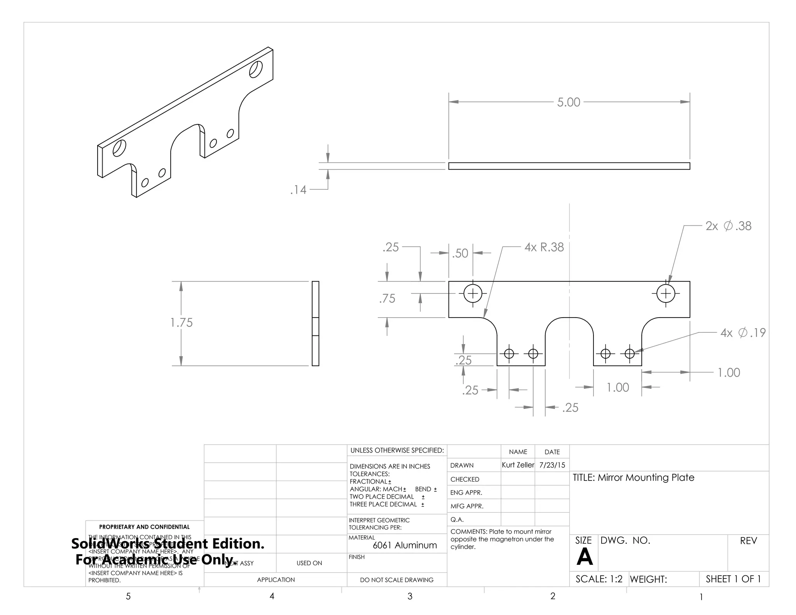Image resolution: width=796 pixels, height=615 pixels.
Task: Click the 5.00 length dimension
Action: pyautogui.click(x=568, y=102)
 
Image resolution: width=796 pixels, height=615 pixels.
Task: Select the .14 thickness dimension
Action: pyautogui.click(x=298, y=190)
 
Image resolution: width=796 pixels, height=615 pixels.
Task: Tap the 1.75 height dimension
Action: pyautogui.click(x=182, y=323)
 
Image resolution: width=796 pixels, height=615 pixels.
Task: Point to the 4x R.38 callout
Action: pyautogui.click(x=544, y=247)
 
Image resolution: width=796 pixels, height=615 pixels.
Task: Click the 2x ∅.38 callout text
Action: pyautogui.click(x=728, y=226)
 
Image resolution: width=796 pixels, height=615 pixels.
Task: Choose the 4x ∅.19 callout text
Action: pyautogui.click(x=743, y=333)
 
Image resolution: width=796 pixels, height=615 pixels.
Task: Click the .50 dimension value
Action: pyautogui.click(x=460, y=253)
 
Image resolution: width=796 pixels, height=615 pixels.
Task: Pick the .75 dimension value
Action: pyautogui.click(x=387, y=299)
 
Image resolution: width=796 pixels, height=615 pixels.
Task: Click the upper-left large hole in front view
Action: pyautogui.click(x=473, y=293)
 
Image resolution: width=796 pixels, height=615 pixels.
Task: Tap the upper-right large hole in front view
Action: pyautogui.click(x=666, y=293)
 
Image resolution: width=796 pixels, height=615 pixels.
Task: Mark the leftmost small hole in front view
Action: pyautogui.click(x=509, y=354)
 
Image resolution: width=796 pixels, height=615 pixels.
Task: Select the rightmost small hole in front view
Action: pyautogui.click(x=630, y=354)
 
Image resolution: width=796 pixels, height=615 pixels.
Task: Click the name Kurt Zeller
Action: pyautogui.click(x=518, y=465)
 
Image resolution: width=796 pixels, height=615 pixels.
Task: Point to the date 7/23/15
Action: pyautogui.click(x=552, y=465)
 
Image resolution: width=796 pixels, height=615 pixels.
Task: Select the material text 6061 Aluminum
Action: pyautogui.click(x=405, y=545)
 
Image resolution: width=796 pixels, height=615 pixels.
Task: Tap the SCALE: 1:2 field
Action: pyautogui.click(x=599, y=579)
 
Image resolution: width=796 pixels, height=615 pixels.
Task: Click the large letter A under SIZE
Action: pyautogui.click(x=585, y=557)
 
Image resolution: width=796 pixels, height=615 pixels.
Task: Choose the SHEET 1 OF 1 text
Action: pyautogui.click(x=733, y=579)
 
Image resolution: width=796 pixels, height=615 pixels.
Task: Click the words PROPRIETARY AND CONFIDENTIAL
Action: pyautogui.click(x=144, y=527)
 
